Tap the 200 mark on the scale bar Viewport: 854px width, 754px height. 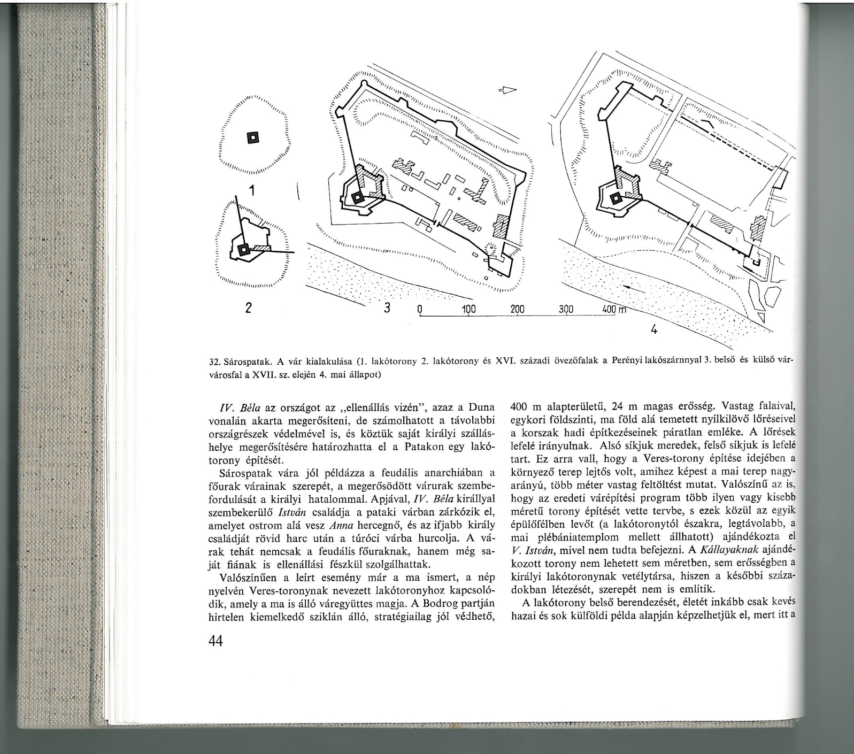click(517, 310)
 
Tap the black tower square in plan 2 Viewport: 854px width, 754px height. click(244, 249)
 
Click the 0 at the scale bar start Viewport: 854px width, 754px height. click(420, 310)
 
